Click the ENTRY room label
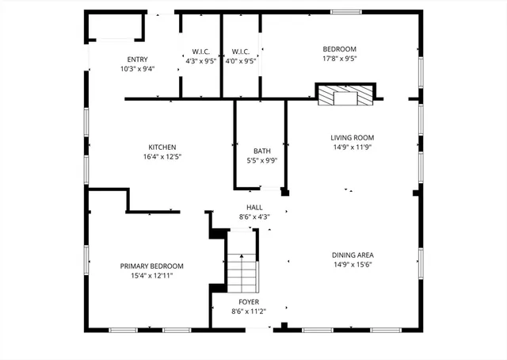tap(137, 59)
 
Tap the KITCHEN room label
tap(162, 147)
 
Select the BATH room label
tap(261, 151)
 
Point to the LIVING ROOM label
tap(352, 137)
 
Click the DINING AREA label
tap(353, 255)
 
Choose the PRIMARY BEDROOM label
tap(151, 266)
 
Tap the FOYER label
tap(248, 302)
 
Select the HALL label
tap(254, 207)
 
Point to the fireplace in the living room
tap(345, 95)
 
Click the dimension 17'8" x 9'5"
tap(340, 57)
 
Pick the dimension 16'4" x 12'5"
tap(162, 157)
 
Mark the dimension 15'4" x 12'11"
tap(151, 276)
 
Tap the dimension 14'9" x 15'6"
tap(353, 265)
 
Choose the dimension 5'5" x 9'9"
tap(261, 160)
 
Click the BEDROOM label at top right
tap(340, 48)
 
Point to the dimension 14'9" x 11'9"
tap(352, 147)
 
